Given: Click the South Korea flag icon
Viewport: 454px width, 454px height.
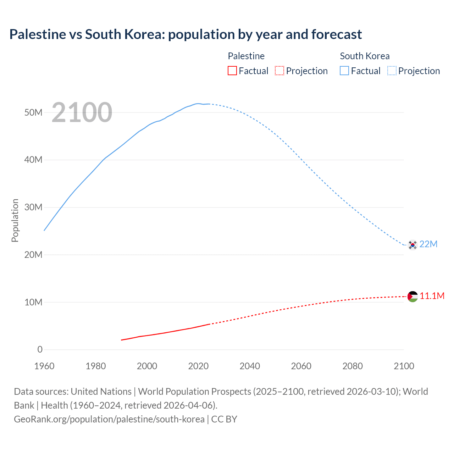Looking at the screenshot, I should (413, 245).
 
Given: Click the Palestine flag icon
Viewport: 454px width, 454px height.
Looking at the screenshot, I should (413, 297).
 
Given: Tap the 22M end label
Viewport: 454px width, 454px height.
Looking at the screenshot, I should (428, 244).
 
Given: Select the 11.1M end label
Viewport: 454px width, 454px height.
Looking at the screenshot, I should (432, 296).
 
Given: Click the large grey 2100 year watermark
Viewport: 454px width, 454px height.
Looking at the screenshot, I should (82, 112).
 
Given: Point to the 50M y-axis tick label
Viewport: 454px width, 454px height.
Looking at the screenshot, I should (33, 112).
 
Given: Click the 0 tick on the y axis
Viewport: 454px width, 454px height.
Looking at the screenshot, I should (40, 349).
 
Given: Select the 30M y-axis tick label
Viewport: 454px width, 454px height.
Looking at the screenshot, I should (33, 207).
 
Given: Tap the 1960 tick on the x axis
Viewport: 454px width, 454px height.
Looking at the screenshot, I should (44, 366).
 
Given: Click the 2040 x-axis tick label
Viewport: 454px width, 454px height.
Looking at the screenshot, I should (250, 366).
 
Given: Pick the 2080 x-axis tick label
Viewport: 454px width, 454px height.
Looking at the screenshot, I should (353, 366).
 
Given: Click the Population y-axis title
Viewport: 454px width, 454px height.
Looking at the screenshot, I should (15, 220).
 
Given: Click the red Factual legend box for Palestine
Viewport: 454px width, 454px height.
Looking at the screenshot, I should (232, 71).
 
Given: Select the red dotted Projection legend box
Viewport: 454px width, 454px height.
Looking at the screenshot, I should (279, 71).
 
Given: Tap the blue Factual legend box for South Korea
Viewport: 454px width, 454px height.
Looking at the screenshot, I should (344, 71).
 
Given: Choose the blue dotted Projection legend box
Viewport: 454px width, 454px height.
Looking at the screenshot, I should (392, 71).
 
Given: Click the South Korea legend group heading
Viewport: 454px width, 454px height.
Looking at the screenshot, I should (365, 56).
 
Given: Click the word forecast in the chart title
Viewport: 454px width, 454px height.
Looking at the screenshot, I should (337, 34).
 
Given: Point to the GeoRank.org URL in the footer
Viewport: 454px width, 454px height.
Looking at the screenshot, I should (109, 419).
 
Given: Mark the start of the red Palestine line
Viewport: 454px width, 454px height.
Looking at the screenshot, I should (122, 340).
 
